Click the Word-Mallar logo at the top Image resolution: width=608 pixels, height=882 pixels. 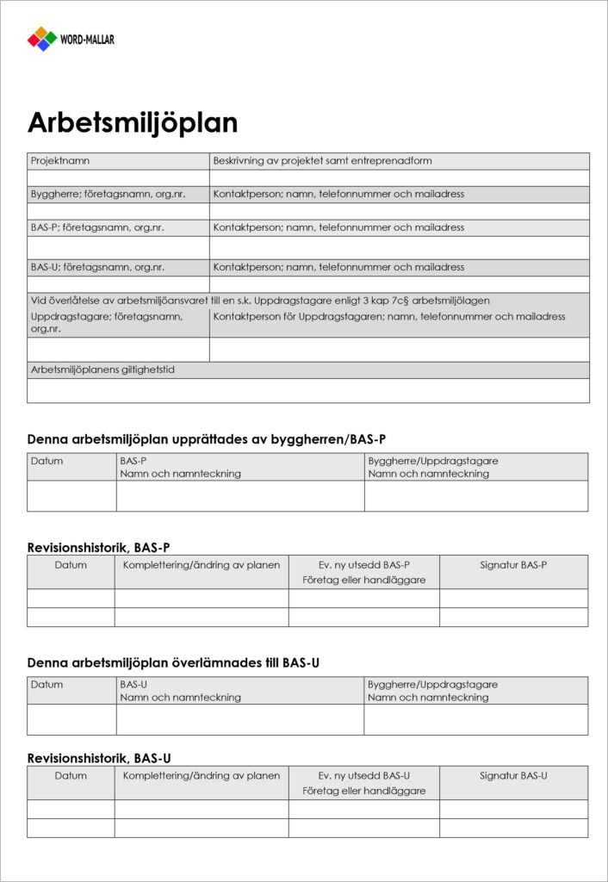point(71,39)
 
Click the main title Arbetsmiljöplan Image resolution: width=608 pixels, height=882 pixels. point(133,123)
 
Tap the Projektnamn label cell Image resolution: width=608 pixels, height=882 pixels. point(60,161)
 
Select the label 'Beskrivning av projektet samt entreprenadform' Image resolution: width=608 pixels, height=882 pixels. point(322,161)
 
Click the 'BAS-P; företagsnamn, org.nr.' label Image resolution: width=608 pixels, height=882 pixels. point(97,228)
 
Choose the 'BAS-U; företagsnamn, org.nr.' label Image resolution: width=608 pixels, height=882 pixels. point(97,268)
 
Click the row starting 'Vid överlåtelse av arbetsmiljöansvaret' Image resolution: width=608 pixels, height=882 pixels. point(260,301)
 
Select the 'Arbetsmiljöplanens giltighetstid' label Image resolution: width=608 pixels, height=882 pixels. point(109,370)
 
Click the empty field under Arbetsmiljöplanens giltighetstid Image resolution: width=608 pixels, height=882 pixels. point(308,391)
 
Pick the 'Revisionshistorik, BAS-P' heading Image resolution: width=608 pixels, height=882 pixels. point(98,547)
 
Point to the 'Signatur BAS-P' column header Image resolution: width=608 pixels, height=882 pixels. point(513,566)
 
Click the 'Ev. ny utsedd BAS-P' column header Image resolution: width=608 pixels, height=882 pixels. point(363,566)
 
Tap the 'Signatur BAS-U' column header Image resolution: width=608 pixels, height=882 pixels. point(513,776)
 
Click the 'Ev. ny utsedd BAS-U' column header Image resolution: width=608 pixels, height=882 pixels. point(363,776)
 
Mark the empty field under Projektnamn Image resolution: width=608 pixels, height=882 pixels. point(118,178)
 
